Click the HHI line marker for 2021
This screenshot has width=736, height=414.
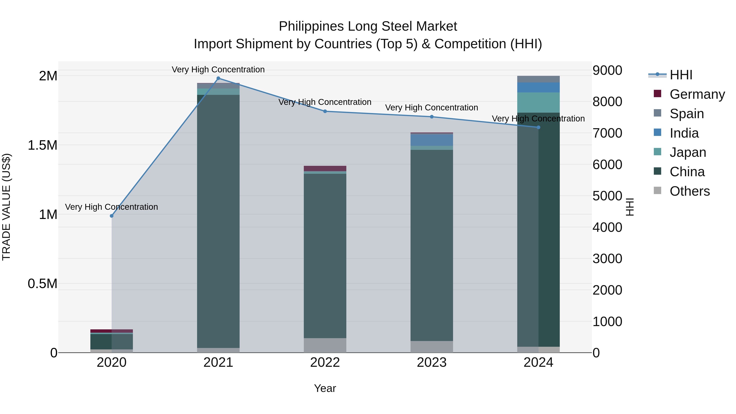(218, 78)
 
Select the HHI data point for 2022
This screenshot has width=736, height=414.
(325, 111)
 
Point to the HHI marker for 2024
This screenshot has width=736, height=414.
(538, 127)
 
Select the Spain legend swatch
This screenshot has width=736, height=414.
(657, 113)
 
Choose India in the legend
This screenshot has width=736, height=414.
(684, 133)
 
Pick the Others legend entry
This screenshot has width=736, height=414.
(689, 191)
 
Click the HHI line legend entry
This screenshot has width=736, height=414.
(681, 75)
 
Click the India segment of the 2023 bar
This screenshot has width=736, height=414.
(432, 139)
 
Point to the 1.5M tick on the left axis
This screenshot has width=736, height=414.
(42, 145)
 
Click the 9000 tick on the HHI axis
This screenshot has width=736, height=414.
(607, 70)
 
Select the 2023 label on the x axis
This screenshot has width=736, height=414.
(432, 362)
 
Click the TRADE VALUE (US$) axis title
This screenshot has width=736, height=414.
(6, 207)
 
